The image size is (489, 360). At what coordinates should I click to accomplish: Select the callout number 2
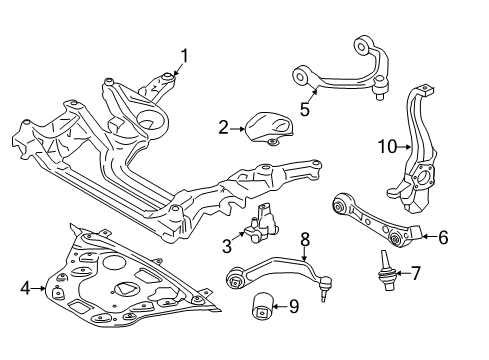click(224, 127)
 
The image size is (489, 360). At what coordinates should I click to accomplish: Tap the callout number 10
click(387, 147)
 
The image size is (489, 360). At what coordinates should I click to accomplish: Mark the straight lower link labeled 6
click(370, 222)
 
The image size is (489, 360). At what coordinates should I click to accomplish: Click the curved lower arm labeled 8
click(270, 267)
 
